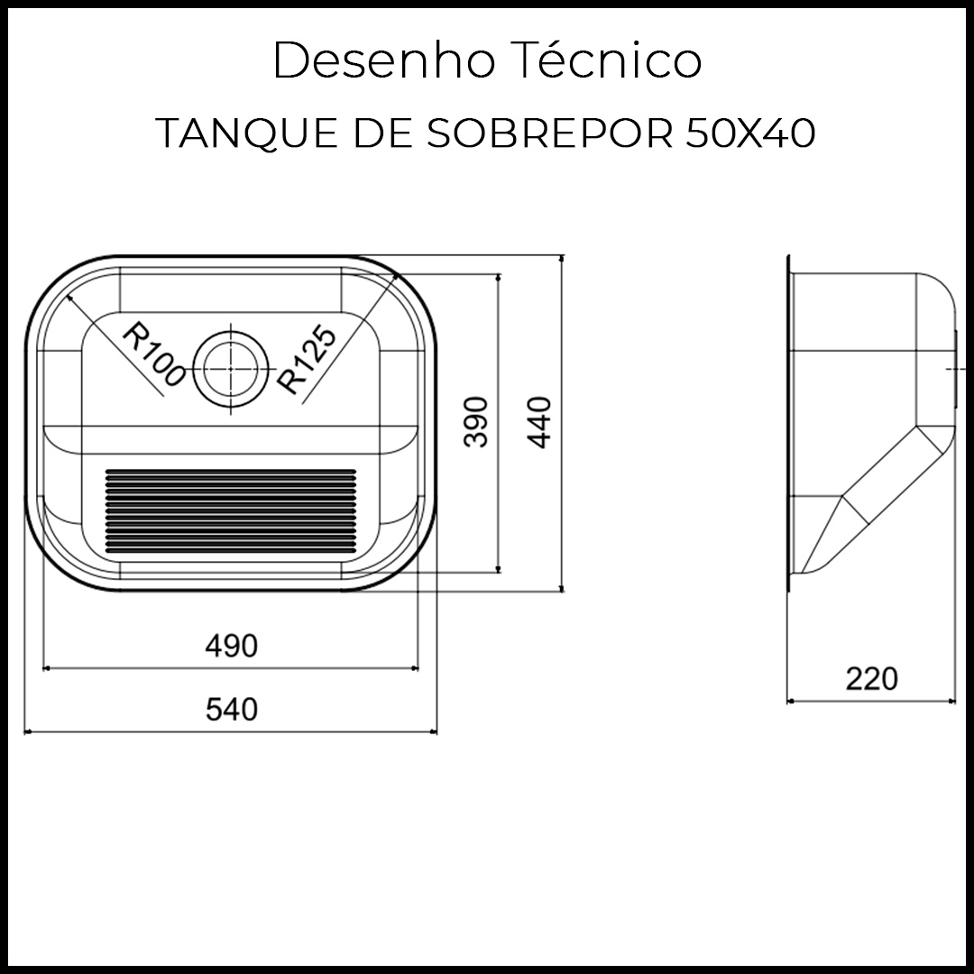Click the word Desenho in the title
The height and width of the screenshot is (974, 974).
coord(384,62)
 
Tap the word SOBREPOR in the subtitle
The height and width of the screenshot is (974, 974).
coord(549,134)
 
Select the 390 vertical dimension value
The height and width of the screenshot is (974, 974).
coord(475,421)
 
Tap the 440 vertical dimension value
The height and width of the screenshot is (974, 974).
coord(538,421)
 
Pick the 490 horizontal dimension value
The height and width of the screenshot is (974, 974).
coord(231,646)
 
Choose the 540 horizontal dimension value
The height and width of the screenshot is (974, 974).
coord(231,709)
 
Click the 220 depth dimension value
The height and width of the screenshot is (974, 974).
coord(871,678)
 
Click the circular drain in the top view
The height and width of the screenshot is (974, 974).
coord(231,369)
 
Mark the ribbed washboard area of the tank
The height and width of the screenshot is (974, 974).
coord(231,510)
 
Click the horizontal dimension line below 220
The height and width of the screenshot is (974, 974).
coord(871,700)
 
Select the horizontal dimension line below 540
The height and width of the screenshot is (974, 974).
coord(231,731)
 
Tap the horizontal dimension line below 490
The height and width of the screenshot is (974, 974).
coord(231,668)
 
